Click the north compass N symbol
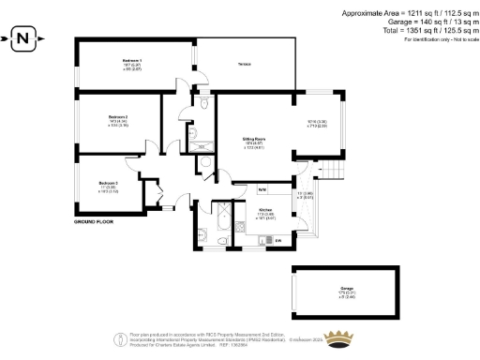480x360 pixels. [x=24, y=39]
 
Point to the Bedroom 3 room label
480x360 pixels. [x=110, y=183]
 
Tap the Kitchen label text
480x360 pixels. [x=265, y=210]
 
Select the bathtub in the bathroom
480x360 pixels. [x=223, y=223]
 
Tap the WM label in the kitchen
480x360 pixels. [x=264, y=190]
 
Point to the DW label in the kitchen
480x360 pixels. [x=278, y=241]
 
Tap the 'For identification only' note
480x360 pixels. [x=438, y=39]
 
